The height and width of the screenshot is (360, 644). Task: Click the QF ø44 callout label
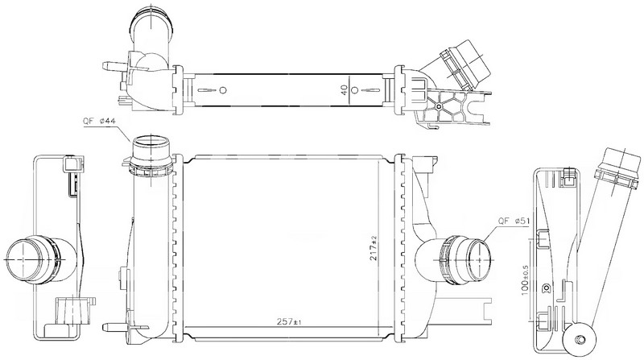(x=99, y=122)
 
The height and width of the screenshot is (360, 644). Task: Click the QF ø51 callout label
(x=514, y=221)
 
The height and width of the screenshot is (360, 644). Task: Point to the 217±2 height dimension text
(x=374, y=248)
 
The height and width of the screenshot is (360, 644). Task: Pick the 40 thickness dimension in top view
(x=345, y=89)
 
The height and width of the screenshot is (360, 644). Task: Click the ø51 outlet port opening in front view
(x=479, y=259)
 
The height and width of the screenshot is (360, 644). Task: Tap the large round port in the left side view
(x=23, y=259)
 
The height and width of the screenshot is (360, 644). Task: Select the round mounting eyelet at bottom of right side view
(x=578, y=338)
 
